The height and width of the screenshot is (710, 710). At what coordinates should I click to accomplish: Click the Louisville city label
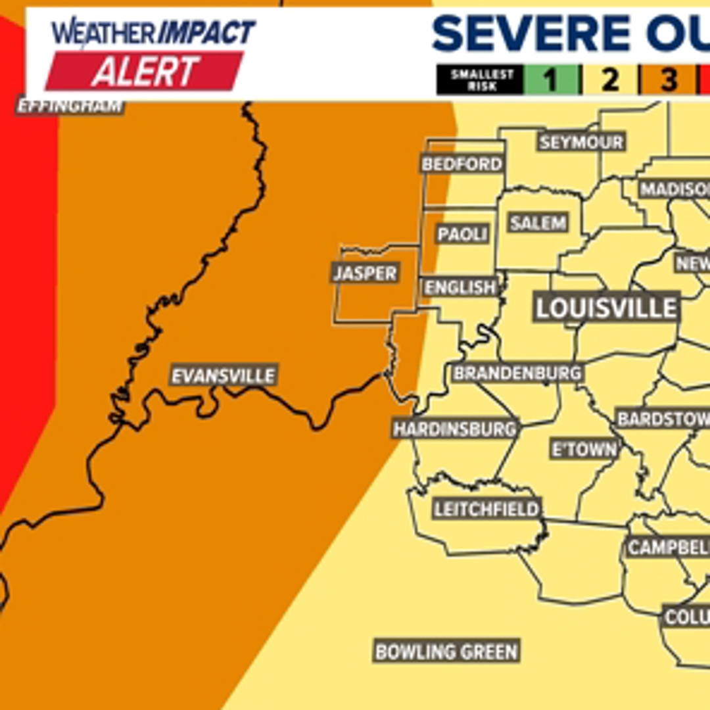tap(605, 308)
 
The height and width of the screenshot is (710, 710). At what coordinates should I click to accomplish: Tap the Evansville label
tap(223, 376)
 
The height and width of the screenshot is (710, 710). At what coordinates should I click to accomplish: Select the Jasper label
tap(365, 273)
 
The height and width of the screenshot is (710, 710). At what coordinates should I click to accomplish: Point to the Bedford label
tap(461, 164)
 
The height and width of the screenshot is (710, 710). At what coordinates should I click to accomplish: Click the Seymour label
tap(580, 142)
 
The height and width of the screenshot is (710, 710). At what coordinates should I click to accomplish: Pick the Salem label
tap(538, 223)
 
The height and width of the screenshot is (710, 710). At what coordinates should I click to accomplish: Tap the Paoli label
tap(463, 234)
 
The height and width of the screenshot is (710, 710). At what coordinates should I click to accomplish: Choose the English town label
tap(460, 287)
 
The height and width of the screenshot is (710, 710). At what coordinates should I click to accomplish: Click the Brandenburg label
tap(517, 373)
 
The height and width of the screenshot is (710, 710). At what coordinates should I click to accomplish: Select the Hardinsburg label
tap(455, 429)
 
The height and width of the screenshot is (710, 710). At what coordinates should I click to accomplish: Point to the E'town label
tap(584, 450)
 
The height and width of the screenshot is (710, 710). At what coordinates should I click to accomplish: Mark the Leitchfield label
tap(486, 509)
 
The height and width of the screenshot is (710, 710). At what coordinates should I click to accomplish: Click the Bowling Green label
tap(446, 651)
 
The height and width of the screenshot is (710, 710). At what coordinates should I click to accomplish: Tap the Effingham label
tap(70, 106)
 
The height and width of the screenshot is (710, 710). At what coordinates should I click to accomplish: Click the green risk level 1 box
tap(551, 80)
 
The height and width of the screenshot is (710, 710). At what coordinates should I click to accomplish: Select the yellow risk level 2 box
tap(610, 80)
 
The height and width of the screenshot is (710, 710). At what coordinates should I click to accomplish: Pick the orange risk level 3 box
tap(668, 80)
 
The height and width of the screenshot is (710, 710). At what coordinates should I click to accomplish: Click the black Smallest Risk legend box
tap(480, 80)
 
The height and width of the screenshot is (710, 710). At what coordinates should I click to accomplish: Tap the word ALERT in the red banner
tap(145, 72)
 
